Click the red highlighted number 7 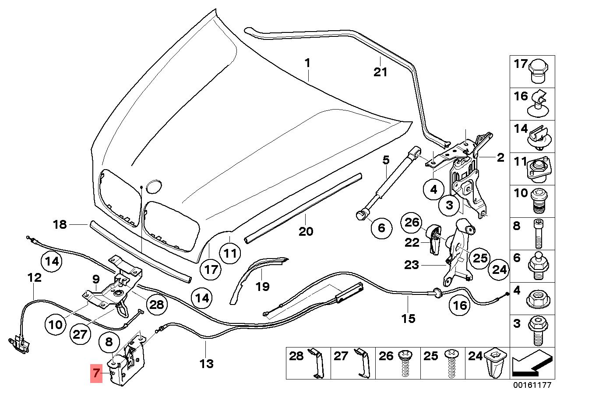point(96,374)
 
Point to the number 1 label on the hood point(307,63)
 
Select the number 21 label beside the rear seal point(380,72)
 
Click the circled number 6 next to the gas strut point(381,227)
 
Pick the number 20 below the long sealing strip point(306,231)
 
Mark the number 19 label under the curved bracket point(262,287)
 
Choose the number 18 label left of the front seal point(60,225)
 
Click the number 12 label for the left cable point(34,277)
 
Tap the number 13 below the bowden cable point(206,363)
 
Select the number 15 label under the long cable point(408,318)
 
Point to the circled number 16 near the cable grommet point(460,305)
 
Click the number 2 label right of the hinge point(500,158)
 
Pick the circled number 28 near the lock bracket point(156,304)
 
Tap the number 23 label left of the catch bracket point(412,265)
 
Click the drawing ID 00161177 point(532,386)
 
